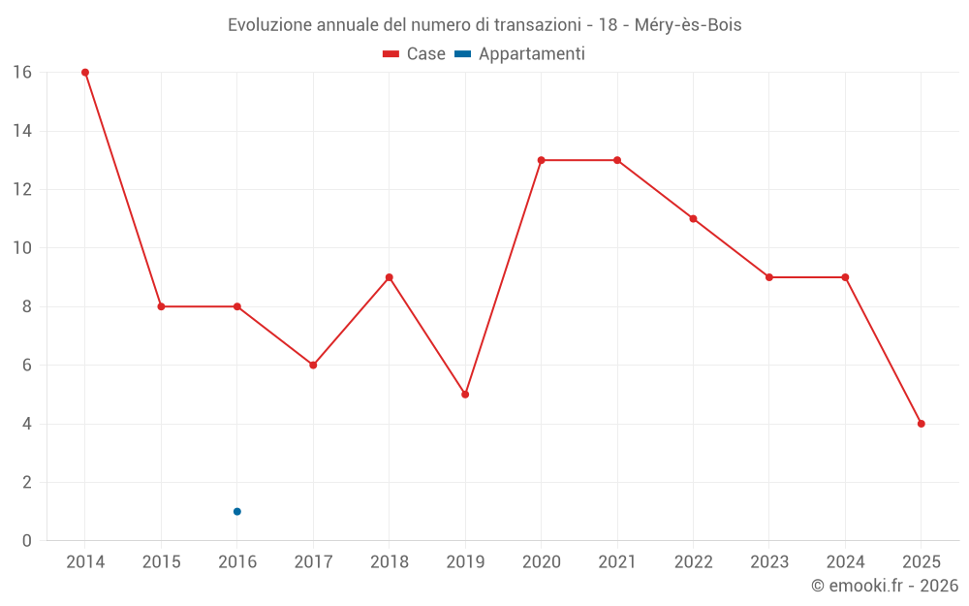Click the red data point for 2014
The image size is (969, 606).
click(85, 73)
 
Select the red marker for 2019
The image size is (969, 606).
click(465, 395)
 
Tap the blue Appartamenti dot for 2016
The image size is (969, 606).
click(237, 512)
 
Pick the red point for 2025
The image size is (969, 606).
click(921, 424)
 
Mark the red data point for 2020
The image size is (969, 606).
click(541, 160)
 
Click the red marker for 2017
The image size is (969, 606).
click(313, 366)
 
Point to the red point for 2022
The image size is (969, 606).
click(693, 219)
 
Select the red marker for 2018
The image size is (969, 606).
click(390, 277)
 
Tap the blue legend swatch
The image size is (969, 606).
click(462, 54)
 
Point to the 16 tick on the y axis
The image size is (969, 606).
click(21, 73)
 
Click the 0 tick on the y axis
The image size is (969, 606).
click(26, 541)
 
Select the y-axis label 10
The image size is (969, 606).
click(21, 248)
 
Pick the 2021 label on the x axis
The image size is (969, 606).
click(617, 562)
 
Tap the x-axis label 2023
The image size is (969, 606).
click(769, 562)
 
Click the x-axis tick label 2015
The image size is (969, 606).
click(161, 562)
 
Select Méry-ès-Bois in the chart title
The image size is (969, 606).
click(688, 25)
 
